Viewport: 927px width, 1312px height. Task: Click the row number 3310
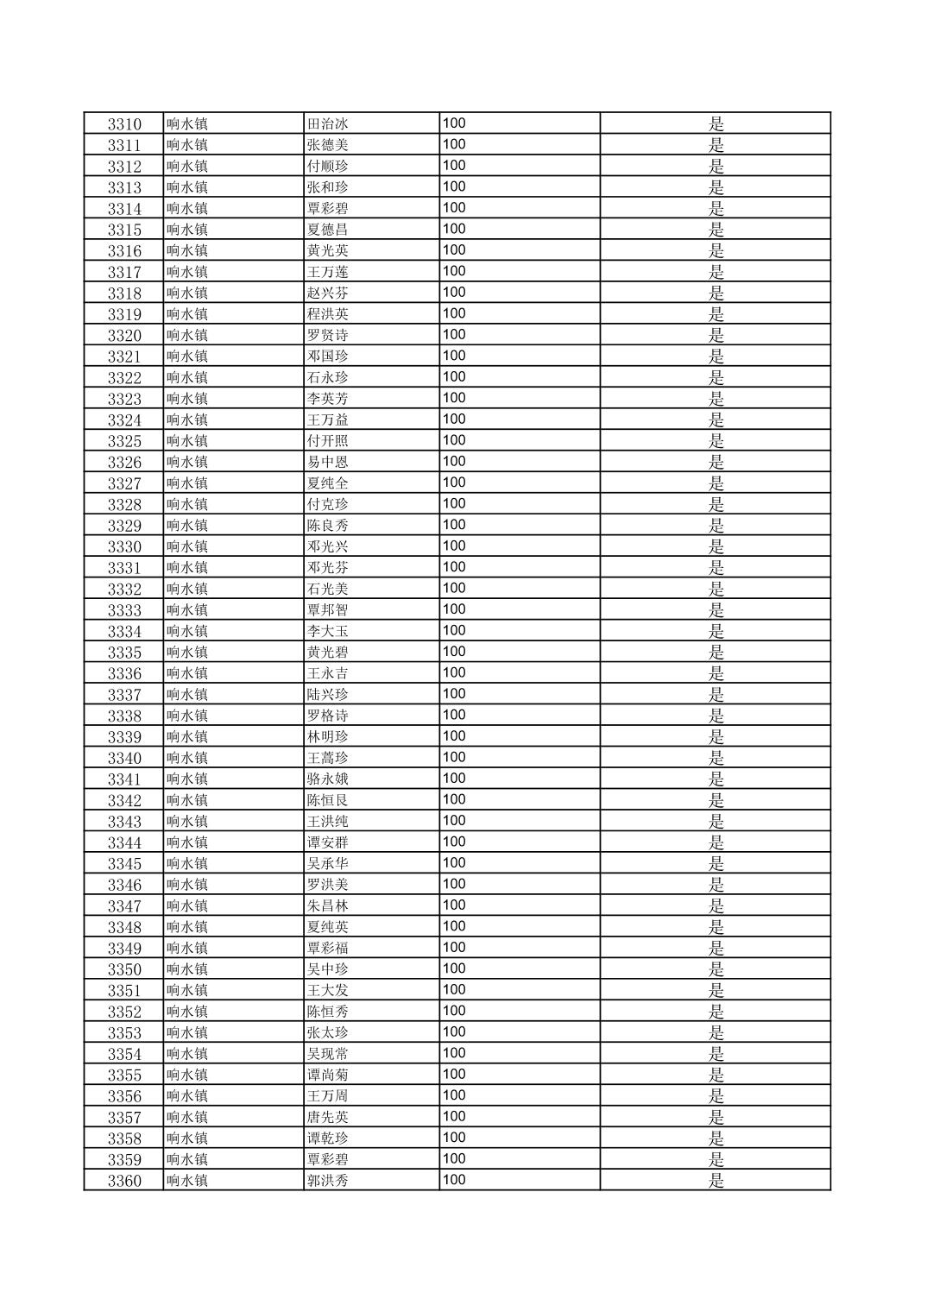(x=124, y=123)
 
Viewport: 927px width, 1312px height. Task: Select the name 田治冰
(x=328, y=123)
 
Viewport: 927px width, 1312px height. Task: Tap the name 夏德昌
(x=328, y=230)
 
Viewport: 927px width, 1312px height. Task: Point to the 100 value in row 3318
(x=454, y=293)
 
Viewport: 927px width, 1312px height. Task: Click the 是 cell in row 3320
(x=716, y=335)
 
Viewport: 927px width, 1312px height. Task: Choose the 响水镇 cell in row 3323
(x=187, y=399)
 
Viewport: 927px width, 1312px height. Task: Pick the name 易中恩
(x=328, y=462)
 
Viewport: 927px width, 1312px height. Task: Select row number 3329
(x=124, y=526)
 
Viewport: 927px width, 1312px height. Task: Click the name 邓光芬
(x=328, y=568)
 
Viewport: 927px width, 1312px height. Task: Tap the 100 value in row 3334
(x=454, y=631)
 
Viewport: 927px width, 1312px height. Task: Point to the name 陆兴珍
(x=328, y=695)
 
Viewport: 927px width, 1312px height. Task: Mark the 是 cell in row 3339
(x=716, y=737)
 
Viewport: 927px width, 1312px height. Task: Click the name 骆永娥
(x=328, y=779)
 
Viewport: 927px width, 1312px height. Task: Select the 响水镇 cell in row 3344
(x=187, y=842)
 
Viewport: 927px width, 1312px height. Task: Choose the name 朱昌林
(x=328, y=906)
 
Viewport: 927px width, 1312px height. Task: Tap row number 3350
(x=124, y=969)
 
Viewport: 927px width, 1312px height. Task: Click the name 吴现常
(x=328, y=1054)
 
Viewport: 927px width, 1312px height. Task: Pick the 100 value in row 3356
(x=454, y=1095)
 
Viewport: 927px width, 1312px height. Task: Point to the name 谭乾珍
(x=328, y=1139)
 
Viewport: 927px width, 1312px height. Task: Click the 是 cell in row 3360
(x=716, y=1181)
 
